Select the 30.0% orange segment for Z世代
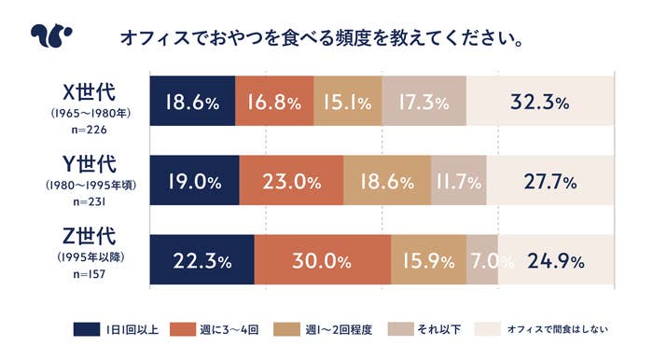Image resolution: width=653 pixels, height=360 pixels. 322,260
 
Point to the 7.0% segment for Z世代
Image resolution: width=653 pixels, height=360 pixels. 483,260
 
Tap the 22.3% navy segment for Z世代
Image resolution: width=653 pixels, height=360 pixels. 201,260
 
